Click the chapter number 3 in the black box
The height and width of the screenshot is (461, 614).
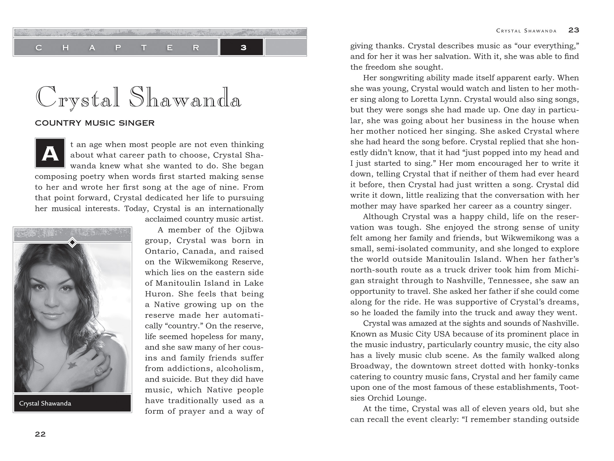coord(243,48)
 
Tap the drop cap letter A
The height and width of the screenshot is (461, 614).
coord(50,154)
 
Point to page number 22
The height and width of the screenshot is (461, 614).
coord(40,434)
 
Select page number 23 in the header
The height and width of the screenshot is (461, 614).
coord(573,30)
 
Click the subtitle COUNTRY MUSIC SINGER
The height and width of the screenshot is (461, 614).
coord(95,123)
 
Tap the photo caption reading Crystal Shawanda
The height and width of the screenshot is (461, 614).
coord(45,403)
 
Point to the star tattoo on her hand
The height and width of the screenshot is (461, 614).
coord(71,365)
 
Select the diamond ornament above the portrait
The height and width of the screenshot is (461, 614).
coord(72,242)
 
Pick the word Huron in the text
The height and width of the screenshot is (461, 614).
coord(159,294)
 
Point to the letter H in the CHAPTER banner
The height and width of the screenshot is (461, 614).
coord(65,48)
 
